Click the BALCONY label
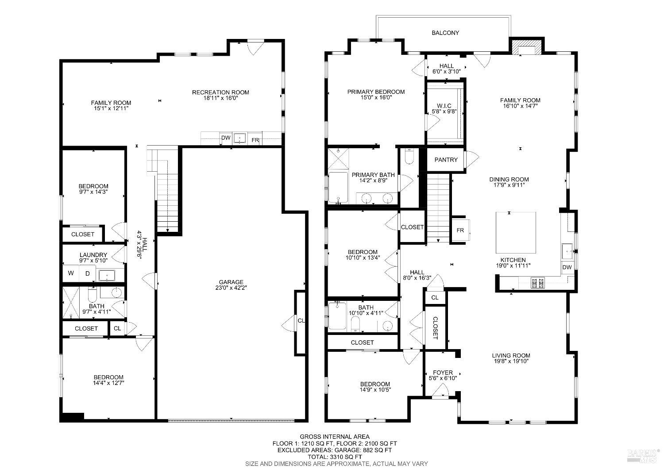point(445,33)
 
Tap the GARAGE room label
point(231,282)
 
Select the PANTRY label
point(446,160)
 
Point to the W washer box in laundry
point(71,273)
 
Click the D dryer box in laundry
point(88,273)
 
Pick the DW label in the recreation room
point(226,138)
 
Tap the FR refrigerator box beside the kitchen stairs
point(460,231)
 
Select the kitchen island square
point(515,231)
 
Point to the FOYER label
point(443,373)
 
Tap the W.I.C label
point(444,105)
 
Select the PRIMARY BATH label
point(373,175)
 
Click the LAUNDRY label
point(93,255)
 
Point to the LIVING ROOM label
point(511,355)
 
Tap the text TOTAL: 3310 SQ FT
point(334,457)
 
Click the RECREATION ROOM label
point(220,92)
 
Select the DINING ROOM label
point(509,180)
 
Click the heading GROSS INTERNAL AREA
point(334,437)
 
